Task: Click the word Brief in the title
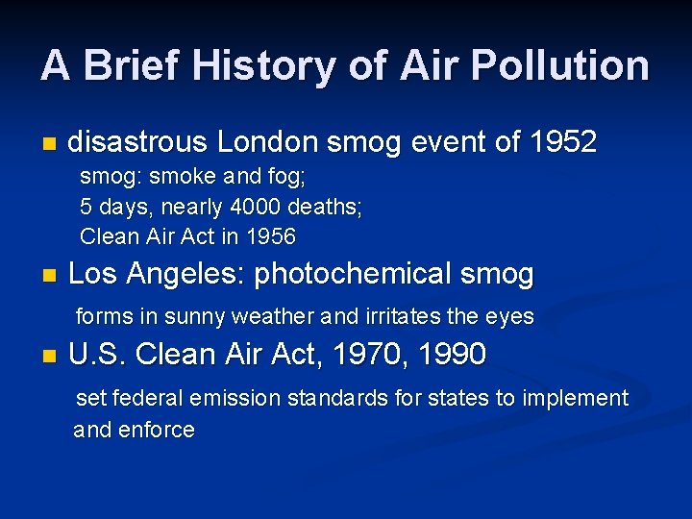click(130, 65)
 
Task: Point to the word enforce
click(156, 430)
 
